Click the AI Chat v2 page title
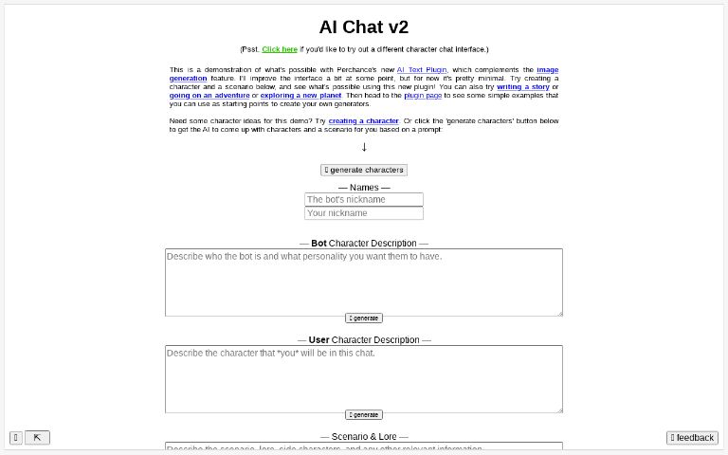[x=364, y=27]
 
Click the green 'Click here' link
[x=280, y=49]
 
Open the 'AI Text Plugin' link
[x=422, y=70]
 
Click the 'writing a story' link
[x=522, y=87]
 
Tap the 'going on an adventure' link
[x=209, y=96]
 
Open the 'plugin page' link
[x=422, y=96]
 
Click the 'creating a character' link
[x=363, y=121]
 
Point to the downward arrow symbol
[x=364, y=147]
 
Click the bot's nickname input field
[x=364, y=200]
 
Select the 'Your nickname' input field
[x=364, y=213]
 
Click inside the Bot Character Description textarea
[x=364, y=282]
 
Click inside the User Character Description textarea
[x=364, y=378]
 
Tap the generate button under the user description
[x=364, y=415]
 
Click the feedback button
[x=692, y=438]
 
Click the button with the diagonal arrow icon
[x=37, y=438]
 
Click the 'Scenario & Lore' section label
[x=364, y=437]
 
